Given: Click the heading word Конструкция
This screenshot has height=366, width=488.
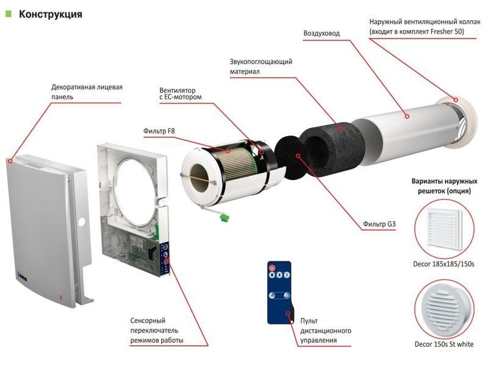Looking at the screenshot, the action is pyautogui.click(x=51, y=14).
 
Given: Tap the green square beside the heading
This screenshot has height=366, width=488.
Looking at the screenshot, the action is pyautogui.click(x=9, y=13).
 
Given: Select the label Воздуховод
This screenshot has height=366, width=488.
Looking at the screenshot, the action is pyautogui.click(x=321, y=34).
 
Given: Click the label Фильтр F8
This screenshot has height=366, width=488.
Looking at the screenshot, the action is pyautogui.click(x=159, y=131).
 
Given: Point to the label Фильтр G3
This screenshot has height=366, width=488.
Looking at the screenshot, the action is pyautogui.click(x=379, y=224).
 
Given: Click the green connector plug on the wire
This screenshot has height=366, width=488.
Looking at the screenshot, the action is pyautogui.click(x=224, y=218).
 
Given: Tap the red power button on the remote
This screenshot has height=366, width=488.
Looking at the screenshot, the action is pyautogui.click(x=271, y=267).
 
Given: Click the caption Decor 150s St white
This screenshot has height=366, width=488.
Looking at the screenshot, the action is pyautogui.click(x=444, y=344).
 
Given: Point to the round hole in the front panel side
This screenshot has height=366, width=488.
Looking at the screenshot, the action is pyautogui.click(x=82, y=221).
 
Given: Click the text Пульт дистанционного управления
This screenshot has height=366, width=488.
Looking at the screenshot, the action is pyautogui.click(x=326, y=331).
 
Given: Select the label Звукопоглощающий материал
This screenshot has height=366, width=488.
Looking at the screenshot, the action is pyautogui.click(x=261, y=66).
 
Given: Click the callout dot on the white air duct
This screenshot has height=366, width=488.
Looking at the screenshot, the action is pyautogui.click(x=407, y=117).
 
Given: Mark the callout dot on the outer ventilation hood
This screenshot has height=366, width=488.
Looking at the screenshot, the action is pyautogui.click(x=456, y=100).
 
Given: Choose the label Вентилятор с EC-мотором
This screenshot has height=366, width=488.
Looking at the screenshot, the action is pyautogui.click(x=181, y=94).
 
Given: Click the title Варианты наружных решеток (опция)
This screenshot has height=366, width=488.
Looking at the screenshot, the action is pyautogui.click(x=444, y=186).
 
